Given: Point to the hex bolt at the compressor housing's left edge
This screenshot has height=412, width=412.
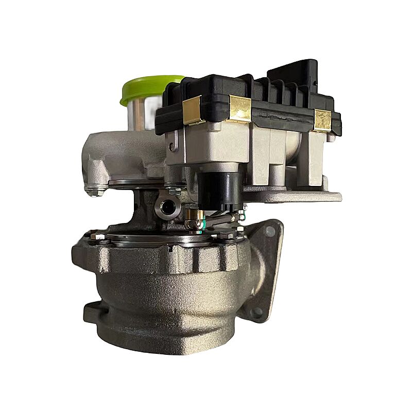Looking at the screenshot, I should [x=95, y=191].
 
